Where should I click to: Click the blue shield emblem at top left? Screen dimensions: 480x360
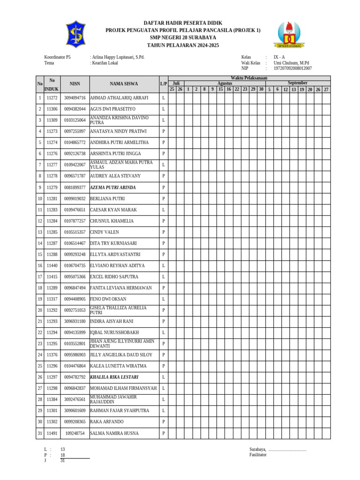75,34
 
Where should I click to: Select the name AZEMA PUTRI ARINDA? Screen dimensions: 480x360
113,187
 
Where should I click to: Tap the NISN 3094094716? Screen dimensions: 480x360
75,98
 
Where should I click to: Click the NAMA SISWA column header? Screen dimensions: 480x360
124,84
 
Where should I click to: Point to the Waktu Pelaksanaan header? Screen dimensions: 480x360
249,78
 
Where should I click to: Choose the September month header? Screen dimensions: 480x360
297,83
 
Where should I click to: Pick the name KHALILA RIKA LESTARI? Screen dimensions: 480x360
114,377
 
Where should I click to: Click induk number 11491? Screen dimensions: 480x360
52,434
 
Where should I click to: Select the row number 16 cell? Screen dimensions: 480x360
40,266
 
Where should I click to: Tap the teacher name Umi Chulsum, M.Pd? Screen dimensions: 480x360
291,63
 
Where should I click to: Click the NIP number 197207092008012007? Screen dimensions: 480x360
292,68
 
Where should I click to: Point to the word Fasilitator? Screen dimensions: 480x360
258,455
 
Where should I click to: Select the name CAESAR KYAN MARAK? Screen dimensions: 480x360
113,210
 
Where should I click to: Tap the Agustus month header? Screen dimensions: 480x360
225,83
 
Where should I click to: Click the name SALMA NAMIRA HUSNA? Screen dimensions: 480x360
114,434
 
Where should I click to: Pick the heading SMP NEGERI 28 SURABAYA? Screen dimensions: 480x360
183,37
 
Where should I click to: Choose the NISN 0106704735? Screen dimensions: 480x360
75,266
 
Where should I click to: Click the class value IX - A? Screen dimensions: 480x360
279,57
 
